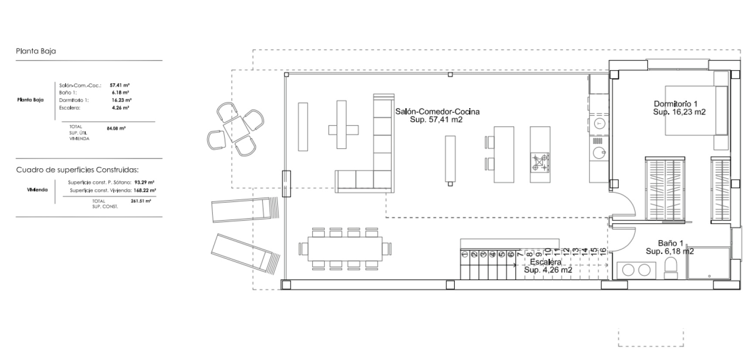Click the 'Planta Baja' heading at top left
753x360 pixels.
(36, 51)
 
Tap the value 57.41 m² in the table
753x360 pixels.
(119, 86)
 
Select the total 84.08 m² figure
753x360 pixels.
(116, 129)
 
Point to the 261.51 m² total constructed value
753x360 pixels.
(141, 201)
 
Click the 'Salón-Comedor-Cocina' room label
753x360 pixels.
(437, 112)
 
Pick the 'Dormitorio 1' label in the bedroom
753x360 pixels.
(675, 104)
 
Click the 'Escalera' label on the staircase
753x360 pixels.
(545, 262)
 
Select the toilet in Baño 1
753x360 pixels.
(671, 268)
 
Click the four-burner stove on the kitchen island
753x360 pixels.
(540, 162)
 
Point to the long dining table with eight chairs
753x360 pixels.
(345, 248)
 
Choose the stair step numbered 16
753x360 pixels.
(603, 251)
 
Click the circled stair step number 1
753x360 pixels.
(465, 255)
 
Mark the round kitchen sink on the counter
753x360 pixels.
(599, 152)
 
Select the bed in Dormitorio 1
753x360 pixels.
(696, 111)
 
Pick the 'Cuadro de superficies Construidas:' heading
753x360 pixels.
(77, 170)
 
